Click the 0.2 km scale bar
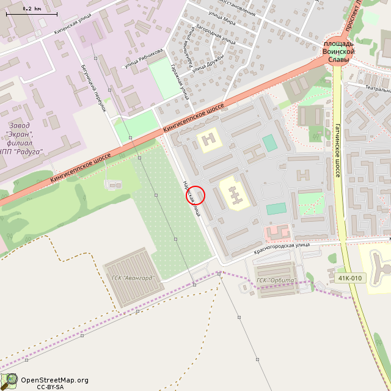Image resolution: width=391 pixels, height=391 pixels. (x=31, y=11)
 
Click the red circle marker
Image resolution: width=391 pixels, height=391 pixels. (x=195, y=195)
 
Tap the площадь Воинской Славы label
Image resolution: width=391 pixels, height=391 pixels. (x=338, y=52)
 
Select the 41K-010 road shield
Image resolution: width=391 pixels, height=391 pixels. (x=349, y=279)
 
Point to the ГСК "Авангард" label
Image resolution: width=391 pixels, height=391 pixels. (x=133, y=279)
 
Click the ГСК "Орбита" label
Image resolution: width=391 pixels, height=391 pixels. (x=276, y=281)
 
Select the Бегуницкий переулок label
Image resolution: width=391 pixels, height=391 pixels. (x=93, y=88)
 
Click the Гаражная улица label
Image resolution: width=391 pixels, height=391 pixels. (x=178, y=81)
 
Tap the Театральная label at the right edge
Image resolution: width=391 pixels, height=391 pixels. (x=378, y=89)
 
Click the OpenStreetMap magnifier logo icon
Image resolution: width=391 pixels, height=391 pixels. (x=9, y=381)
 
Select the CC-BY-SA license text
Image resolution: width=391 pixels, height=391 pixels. (x=50, y=387)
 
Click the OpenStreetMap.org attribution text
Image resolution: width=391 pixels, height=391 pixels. (x=54, y=379)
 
